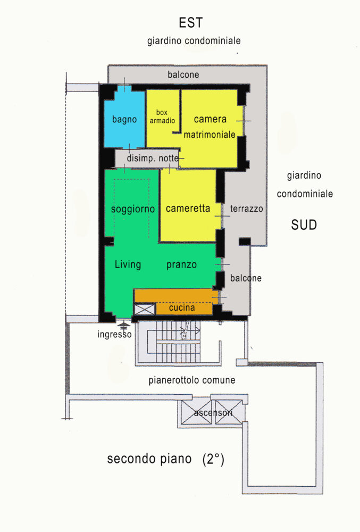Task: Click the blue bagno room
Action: coord(124,119)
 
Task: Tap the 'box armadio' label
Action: coord(162,117)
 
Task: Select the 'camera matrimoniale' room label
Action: coord(210,127)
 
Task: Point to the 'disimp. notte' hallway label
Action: coord(153,158)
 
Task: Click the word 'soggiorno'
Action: coord(133,209)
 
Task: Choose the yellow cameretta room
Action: coord(188,205)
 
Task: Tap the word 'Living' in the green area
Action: coord(128,264)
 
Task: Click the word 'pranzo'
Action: coord(181,264)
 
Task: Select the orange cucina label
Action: coord(182,307)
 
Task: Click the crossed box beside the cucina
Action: coord(145,310)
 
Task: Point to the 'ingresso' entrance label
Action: coord(114,334)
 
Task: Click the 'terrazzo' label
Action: coord(246,209)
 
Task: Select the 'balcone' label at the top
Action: coord(183,74)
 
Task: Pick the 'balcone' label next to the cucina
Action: coord(246,278)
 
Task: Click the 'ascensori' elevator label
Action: coord(213,413)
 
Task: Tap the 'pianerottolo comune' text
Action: coord(192,380)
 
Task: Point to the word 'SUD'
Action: coord(304,225)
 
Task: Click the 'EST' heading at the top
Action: coord(191,23)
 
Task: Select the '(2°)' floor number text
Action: coord(213,459)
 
